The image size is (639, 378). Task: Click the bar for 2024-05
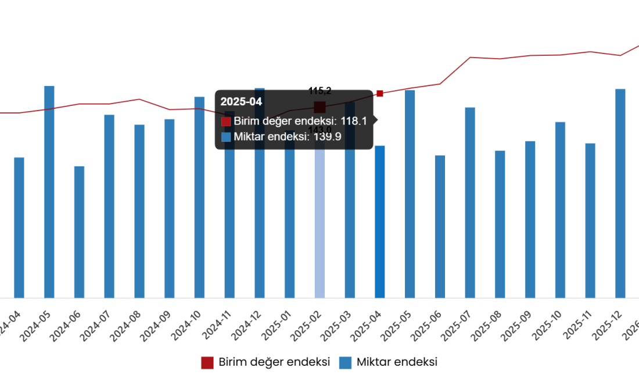(x=49, y=192)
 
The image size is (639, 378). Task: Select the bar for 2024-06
(x=79, y=233)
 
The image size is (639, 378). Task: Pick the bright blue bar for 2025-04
(x=380, y=222)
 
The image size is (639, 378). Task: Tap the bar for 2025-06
(x=440, y=227)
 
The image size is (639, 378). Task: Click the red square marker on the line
(x=379, y=94)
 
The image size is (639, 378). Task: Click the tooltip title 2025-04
(x=241, y=102)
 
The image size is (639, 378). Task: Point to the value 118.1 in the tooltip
(x=354, y=121)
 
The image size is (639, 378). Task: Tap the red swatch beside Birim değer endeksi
(x=226, y=122)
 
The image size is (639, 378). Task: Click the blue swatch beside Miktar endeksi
(x=226, y=137)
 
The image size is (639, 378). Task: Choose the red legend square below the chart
(x=207, y=363)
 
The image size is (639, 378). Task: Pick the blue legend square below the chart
(x=345, y=363)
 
